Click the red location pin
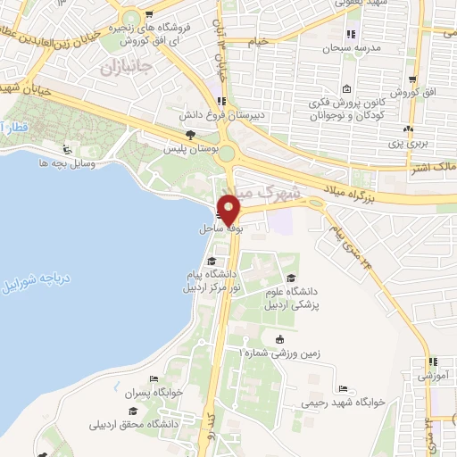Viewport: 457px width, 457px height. point(230,209)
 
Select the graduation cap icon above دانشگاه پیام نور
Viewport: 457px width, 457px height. point(212,262)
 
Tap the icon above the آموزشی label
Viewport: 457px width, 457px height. point(434,362)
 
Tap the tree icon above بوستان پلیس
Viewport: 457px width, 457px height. point(188,135)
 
